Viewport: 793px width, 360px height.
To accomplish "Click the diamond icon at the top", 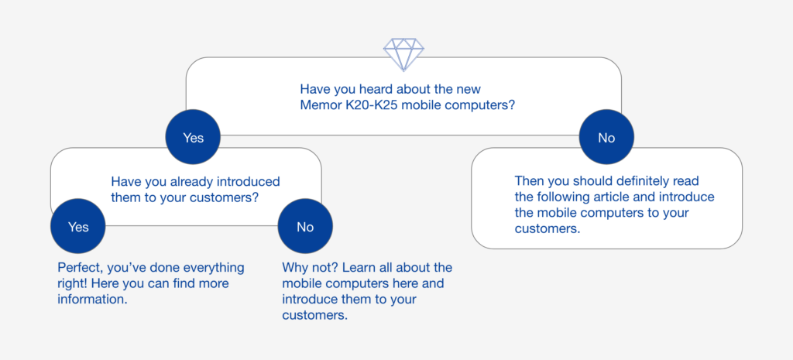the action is pyautogui.click(x=403, y=55).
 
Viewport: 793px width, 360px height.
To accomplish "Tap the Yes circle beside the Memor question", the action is pyautogui.click(x=193, y=137).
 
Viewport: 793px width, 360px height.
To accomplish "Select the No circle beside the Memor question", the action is pyautogui.click(x=606, y=137).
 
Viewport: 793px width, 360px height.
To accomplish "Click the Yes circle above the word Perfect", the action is pyautogui.click(x=78, y=227).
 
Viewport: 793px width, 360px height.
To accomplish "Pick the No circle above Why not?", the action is pyautogui.click(x=305, y=227).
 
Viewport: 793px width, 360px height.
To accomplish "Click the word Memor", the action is pyautogui.click(x=317, y=106).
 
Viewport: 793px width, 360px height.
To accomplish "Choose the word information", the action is pyautogui.click(x=91, y=299).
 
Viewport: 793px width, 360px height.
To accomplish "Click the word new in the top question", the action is pyautogui.click(x=470, y=90).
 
